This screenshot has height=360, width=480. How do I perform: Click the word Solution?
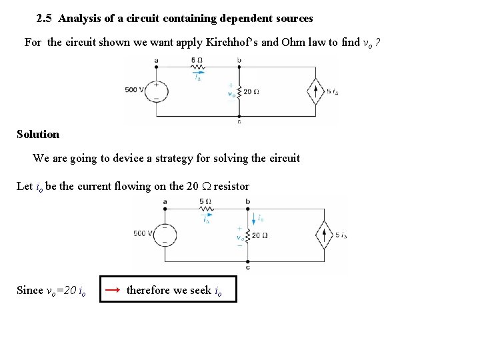click(38, 134)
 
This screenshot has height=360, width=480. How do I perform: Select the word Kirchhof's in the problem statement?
click(233, 43)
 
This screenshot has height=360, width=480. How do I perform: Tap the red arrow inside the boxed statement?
click(113, 289)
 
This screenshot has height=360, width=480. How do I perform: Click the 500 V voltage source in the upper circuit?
click(157, 90)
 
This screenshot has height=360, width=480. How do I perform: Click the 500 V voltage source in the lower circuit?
click(165, 233)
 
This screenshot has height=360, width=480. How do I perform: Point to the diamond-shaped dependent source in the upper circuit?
click(315, 91)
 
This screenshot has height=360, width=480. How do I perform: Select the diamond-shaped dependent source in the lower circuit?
click(325, 235)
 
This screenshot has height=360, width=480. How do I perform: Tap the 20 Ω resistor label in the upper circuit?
click(251, 92)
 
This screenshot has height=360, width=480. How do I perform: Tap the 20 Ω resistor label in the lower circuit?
click(260, 235)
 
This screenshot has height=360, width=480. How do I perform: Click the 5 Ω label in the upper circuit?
click(197, 60)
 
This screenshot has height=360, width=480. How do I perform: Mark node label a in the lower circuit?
click(165, 201)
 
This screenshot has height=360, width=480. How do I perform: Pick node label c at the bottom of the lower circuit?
click(248, 267)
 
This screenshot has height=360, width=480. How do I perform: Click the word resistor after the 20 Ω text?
click(231, 186)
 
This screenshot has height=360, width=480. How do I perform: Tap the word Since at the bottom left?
click(29, 290)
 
